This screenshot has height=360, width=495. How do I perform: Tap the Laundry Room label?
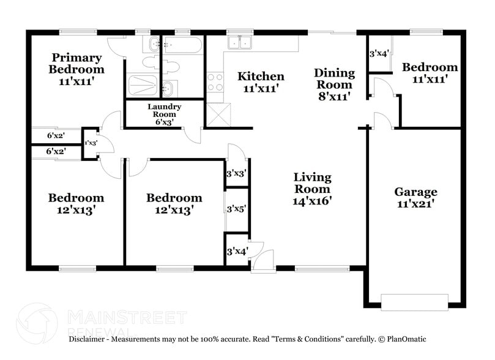pyautogui.click(x=163, y=114)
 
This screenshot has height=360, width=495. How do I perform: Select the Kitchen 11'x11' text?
pyautogui.click(x=261, y=82)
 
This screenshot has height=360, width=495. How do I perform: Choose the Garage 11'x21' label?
pyautogui.click(x=415, y=198)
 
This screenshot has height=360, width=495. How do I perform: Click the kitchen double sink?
pyautogui.click(x=239, y=42)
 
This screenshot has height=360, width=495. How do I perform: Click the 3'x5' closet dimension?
pyautogui.click(x=236, y=209)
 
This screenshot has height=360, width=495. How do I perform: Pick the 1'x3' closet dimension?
pyautogui.click(x=91, y=143)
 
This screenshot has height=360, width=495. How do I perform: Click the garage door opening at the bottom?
pyautogui.click(x=414, y=301)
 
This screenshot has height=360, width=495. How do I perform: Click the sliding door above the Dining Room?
pyautogui.click(x=331, y=32)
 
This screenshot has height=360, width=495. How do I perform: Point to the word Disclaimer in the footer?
pyautogui.click(x=89, y=339)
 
